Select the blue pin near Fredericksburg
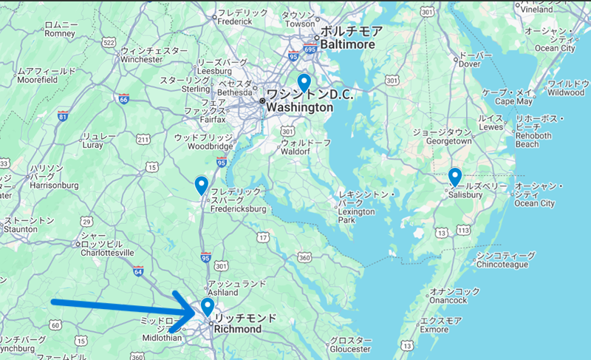coord(201,185)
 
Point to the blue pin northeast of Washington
coord(304,83)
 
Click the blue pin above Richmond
coord(208,305)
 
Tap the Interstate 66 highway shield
coord(123,99)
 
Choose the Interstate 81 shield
coord(63,116)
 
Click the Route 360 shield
coord(304,257)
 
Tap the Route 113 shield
coord(465,231)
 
